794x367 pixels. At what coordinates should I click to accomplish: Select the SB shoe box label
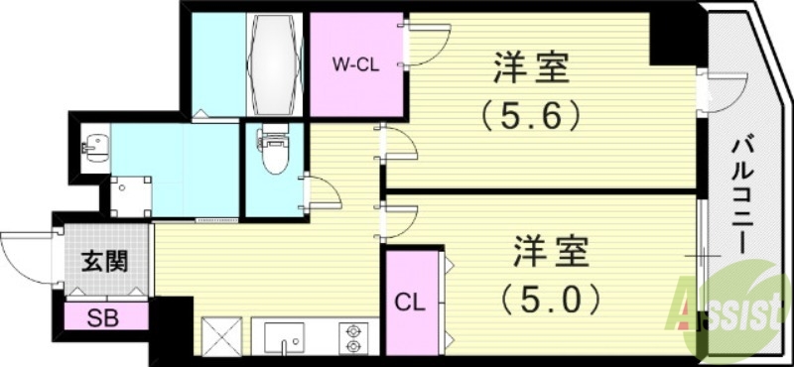click(101, 320)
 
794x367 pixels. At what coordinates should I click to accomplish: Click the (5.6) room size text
click(531, 117)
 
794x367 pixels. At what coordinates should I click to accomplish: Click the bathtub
click(273, 63)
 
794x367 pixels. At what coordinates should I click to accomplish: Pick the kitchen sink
click(290, 340)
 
